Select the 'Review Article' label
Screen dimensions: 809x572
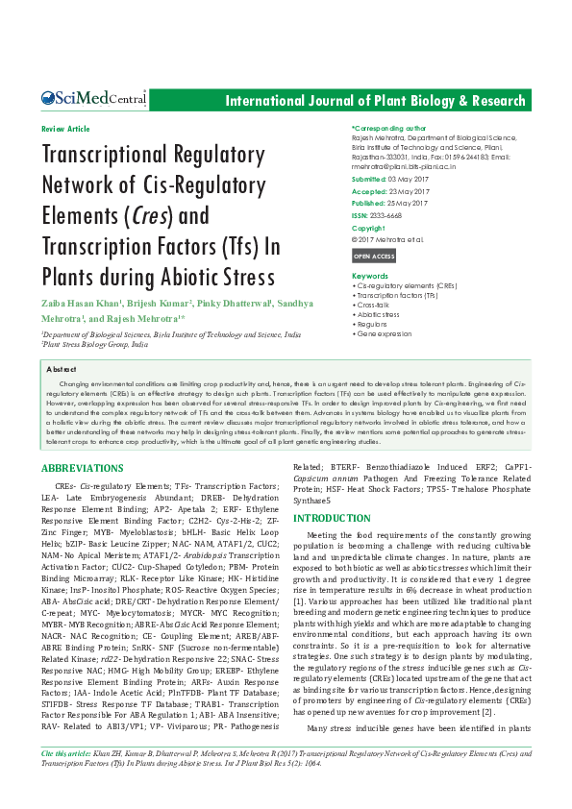(x=65, y=129)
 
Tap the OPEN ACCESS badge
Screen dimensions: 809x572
(x=373, y=257)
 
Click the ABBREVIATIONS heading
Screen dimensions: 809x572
(x=83, y=467)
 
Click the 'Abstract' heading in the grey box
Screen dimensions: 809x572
(x=62, y=369)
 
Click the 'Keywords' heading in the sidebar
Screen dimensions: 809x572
(x=370, y=276)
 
